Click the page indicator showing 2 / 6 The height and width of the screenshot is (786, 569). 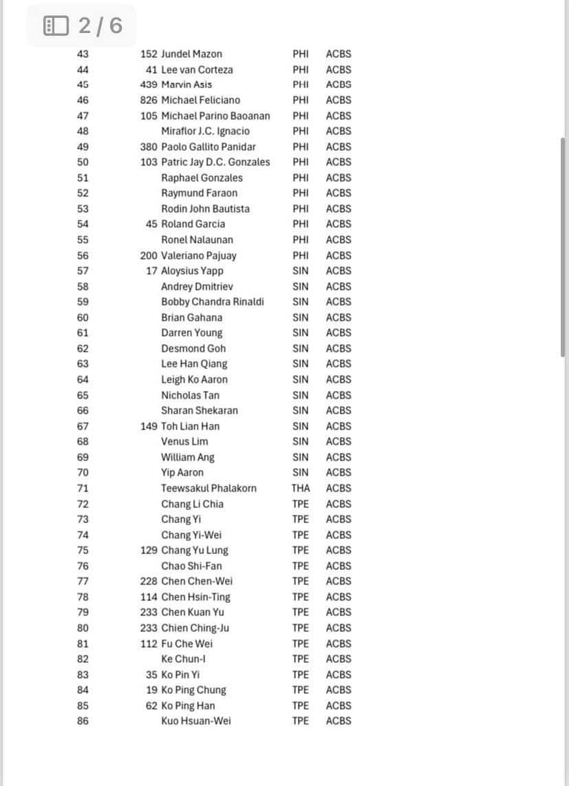(x=83, y=25)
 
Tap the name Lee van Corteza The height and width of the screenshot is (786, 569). (x=197, y=70)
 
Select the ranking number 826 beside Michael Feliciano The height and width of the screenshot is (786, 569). (x=149, y=100)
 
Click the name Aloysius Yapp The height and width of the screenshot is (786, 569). (x=192, y=270)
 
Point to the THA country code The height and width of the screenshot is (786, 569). (x=301, y=488)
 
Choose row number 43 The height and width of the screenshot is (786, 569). (x=83, y=54)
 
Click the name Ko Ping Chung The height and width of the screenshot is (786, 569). (x=193, y=690)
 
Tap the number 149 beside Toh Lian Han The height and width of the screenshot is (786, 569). (x=149, y=426)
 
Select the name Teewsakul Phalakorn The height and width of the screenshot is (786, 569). (x=208, y=488)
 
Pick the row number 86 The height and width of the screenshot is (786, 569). (x=83, y=721)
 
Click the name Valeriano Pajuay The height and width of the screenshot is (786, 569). (x=199, y=255)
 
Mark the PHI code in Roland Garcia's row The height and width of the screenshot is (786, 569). (x=301, y=224)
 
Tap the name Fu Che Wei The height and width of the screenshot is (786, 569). (x=187, y=644)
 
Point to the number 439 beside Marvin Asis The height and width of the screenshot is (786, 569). (x=149, y=85)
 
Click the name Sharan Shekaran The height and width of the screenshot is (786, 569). (x=200, y=410)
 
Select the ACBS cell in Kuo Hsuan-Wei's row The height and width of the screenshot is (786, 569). (x=339, y=721)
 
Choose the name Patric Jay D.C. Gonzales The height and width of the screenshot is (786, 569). (x=215, y=162)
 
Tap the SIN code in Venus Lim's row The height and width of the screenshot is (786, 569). (x=301, y=441)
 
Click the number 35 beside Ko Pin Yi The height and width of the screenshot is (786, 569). (x=151, y=675)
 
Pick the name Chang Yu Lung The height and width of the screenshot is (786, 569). (x=195, y=550)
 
